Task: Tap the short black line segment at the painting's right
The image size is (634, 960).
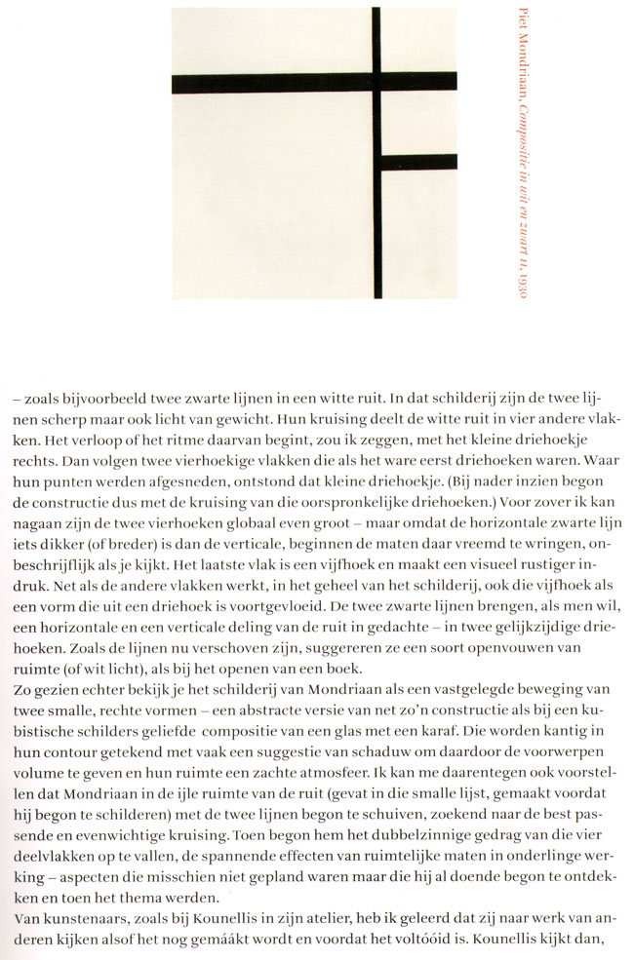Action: (x=419, y=162)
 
